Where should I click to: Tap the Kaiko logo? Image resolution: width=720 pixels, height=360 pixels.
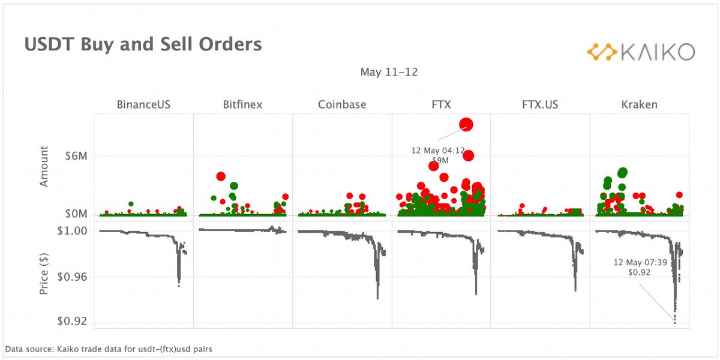pos(640,52)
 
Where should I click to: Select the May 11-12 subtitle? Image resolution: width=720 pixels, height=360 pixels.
pos(389,73)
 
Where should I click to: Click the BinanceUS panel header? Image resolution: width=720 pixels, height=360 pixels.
pos(143,104)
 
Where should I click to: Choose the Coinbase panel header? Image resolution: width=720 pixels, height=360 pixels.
pos(342,104)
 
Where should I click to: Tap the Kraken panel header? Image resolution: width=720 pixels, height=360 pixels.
pos(639,104)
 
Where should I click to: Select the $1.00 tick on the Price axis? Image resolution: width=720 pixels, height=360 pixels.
pos(73,231)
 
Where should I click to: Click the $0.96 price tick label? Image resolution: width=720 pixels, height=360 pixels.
pos(73,277)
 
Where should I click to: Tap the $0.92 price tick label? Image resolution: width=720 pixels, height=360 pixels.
pos(73,322)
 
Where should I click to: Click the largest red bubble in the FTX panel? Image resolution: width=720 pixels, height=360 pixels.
pos(466,124)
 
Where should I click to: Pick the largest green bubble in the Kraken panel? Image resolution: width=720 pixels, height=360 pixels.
pos(622,173)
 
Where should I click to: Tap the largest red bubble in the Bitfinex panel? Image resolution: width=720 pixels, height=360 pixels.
pos(221,176)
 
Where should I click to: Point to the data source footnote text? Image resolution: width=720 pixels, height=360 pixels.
pos(109,349)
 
